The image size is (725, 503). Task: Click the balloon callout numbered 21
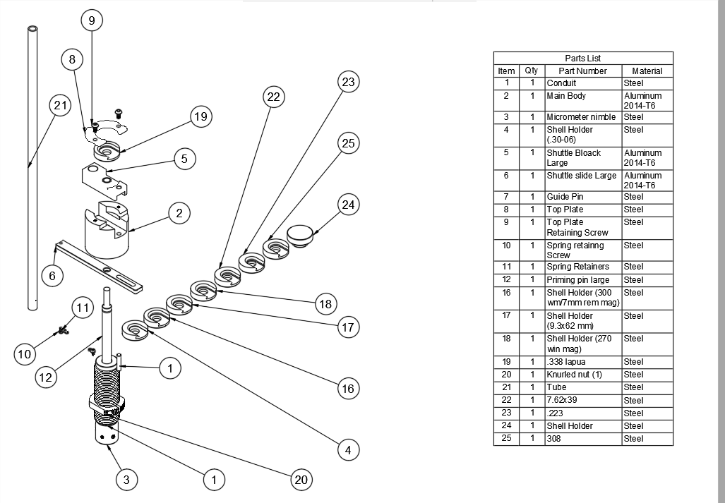61,106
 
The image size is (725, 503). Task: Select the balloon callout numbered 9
92,20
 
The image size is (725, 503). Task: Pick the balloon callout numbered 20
301,480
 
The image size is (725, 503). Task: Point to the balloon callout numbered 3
126,480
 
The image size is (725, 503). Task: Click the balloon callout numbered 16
348,388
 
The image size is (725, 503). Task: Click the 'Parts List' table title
583,58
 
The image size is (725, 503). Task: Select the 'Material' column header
647,71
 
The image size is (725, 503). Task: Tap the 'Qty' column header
532,71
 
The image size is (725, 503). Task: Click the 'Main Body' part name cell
566,96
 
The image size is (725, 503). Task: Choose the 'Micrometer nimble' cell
581,117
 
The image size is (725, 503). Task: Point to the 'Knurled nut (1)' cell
575,375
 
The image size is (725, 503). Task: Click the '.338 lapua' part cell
566,362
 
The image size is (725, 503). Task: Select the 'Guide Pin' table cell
565,197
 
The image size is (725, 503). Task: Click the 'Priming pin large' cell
578,280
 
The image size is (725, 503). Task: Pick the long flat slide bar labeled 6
99,267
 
